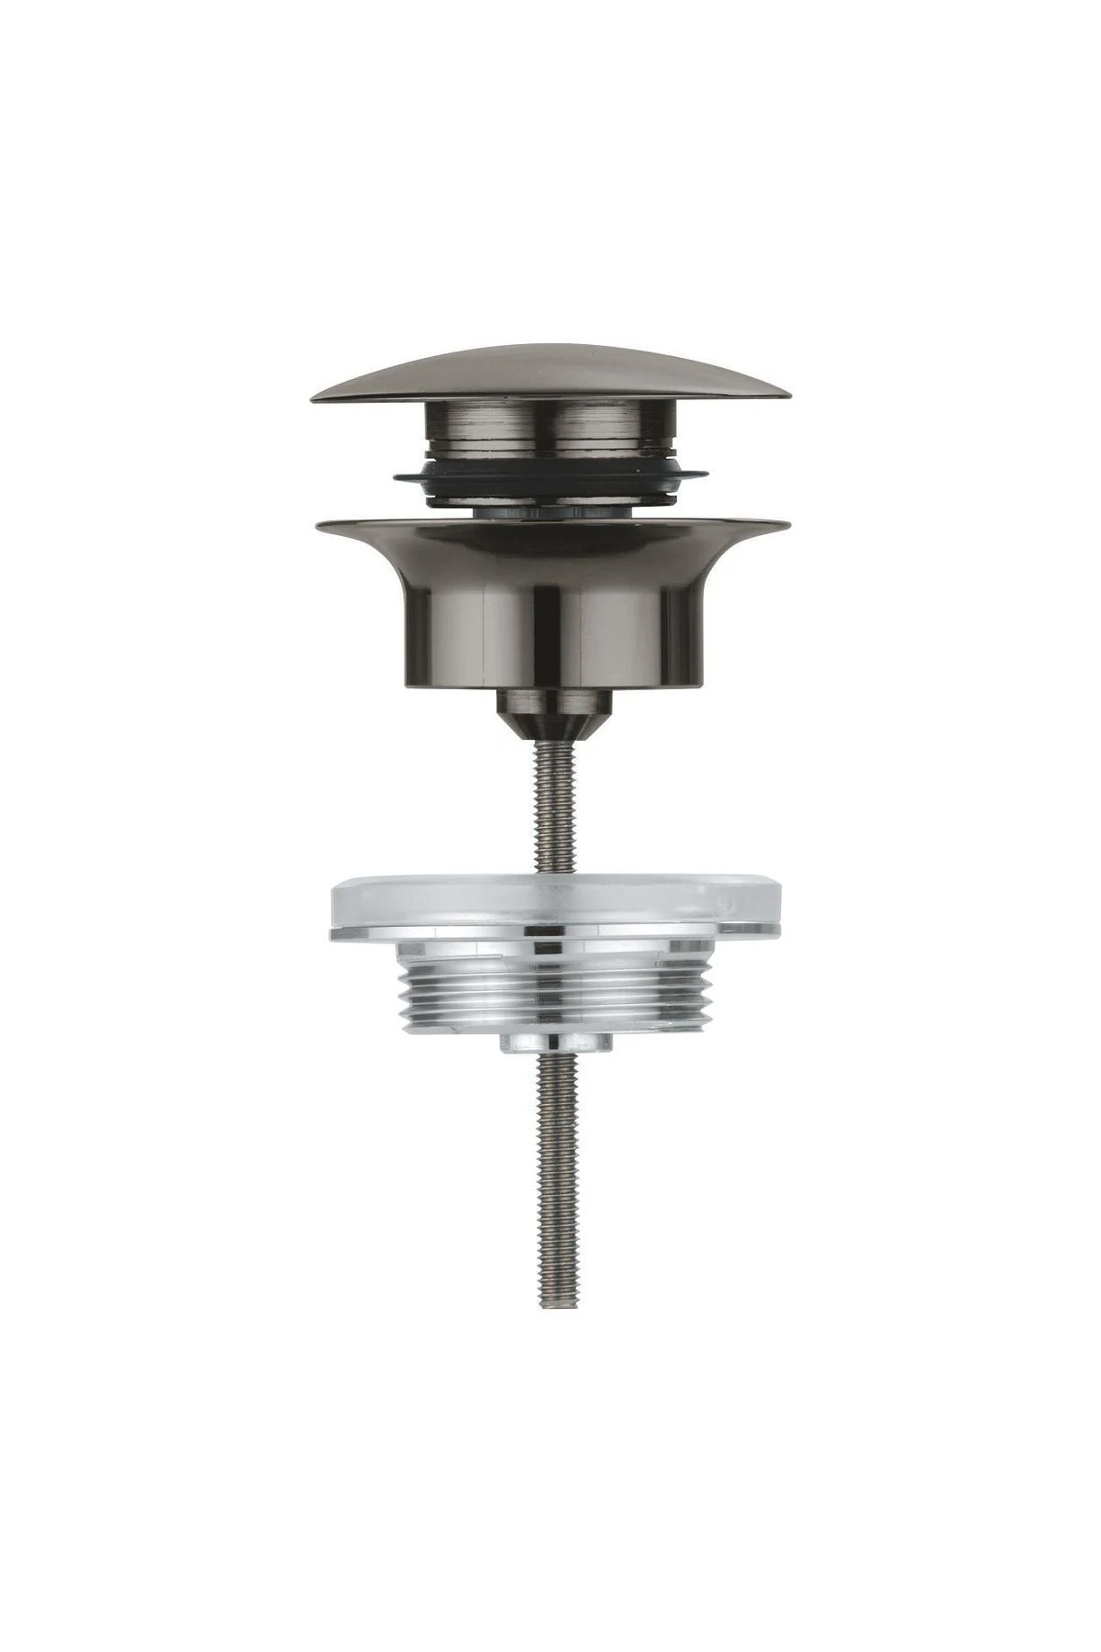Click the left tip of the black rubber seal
395,475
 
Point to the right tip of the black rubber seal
707,475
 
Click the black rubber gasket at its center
550,486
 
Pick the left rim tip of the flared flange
317,525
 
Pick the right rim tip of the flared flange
786,525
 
